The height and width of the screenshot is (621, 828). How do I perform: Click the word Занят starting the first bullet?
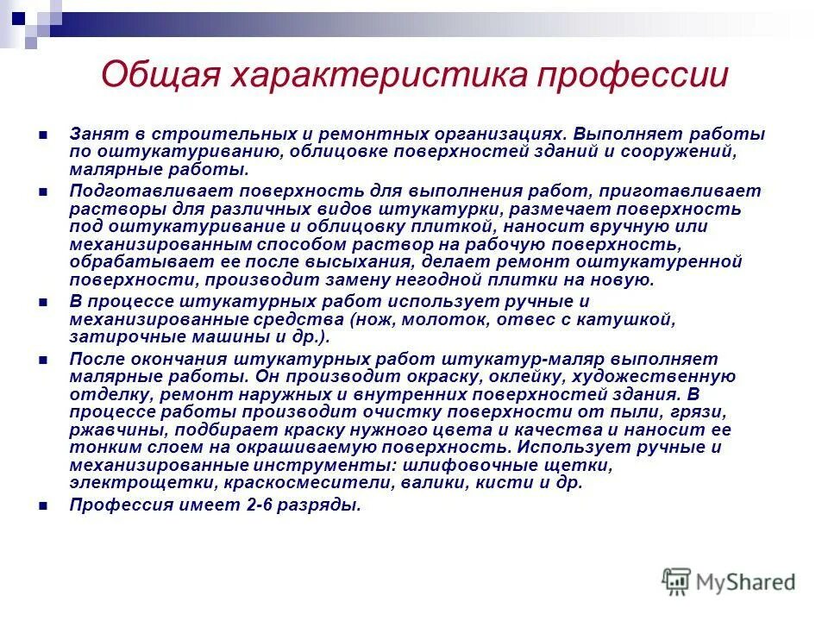(95, 135)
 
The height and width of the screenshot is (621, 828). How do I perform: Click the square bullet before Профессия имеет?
(43, 506)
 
